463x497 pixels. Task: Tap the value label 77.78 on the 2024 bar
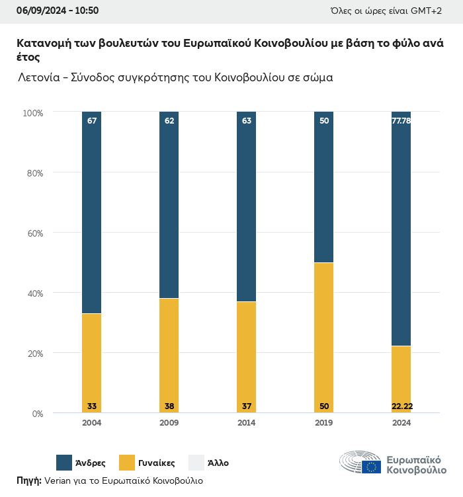coord(401,121)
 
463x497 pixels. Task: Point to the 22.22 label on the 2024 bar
coord(401,406)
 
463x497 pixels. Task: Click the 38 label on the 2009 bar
coord(169,406)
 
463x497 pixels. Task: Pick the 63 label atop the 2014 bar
coord(246,121)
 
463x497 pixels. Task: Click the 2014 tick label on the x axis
coord(246,423)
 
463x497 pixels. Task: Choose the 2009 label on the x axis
coord(169,423)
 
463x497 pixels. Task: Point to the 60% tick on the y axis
coord(33,233)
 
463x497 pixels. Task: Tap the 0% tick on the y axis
coord(37,414)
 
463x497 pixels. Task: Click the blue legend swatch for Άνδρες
coord(64,463)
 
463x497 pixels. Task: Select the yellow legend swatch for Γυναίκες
coord(127,463)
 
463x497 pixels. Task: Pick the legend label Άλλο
coord(218,463)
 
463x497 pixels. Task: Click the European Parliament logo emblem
coord(360,463)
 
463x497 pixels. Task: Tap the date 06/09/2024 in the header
coord(40,11)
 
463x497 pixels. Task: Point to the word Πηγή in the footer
coord(29,480)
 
